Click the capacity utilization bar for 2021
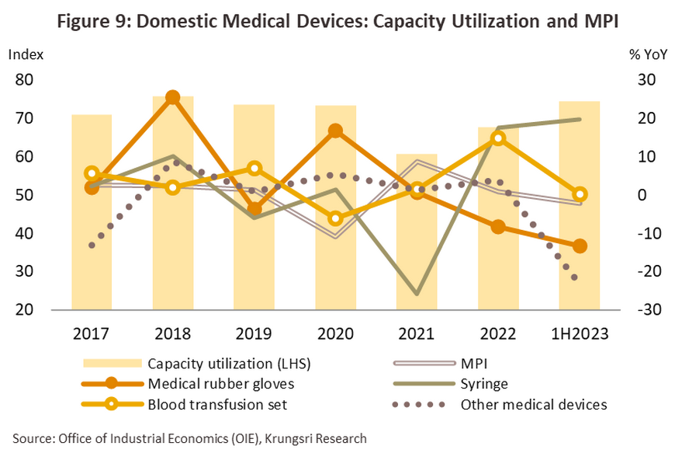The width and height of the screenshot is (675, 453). pos(417,233)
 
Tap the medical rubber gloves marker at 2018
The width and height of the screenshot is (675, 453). pos(173,98)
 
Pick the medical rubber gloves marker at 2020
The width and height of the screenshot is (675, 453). pos(335,131)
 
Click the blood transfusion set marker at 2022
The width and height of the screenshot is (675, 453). pos(498,139)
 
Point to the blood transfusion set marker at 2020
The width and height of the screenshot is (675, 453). pos(335,218)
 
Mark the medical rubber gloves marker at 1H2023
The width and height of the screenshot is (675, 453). pos(579,246)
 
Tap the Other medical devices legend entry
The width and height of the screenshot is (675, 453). pos(533,404)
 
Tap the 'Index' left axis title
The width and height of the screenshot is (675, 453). pos(26,55)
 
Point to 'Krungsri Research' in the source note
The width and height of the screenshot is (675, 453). pos(318,438)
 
